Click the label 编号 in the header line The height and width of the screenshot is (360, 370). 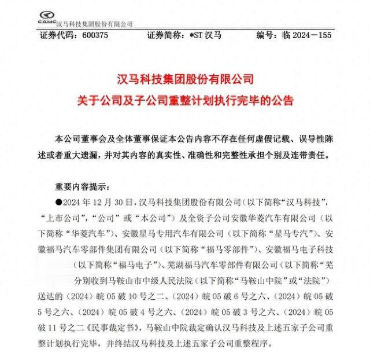coord(267,36)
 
